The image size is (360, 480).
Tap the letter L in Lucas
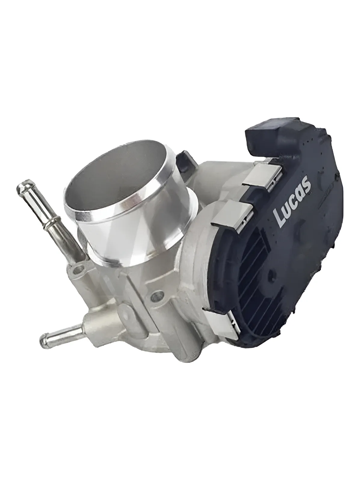tap(280, 217)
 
